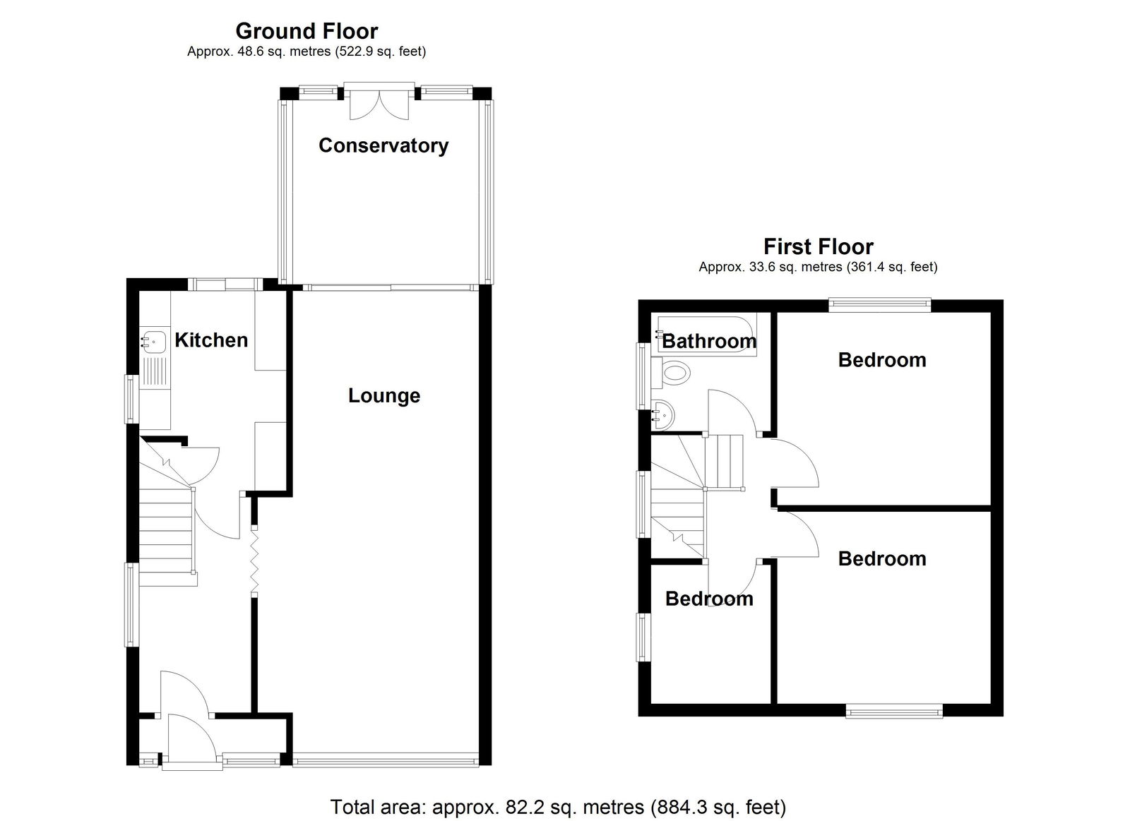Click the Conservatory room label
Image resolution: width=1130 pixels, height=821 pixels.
click(383, 145)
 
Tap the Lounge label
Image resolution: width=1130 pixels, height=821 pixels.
click(384, 395)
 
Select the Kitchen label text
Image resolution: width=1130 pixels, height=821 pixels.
click(211, 340)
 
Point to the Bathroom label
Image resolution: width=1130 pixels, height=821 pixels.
click(709, 342)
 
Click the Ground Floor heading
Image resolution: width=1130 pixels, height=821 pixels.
click(307, 31)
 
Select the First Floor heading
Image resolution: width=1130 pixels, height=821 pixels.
click(819, 246)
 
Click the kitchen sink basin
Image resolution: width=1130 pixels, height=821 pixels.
click(153, 342)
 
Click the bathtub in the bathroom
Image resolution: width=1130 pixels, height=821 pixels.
click(707, 336)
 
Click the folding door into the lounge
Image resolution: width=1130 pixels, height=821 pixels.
click(254, 561)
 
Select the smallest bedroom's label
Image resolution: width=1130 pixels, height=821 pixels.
click(709, 599)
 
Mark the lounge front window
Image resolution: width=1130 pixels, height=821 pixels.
click(386, 761)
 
